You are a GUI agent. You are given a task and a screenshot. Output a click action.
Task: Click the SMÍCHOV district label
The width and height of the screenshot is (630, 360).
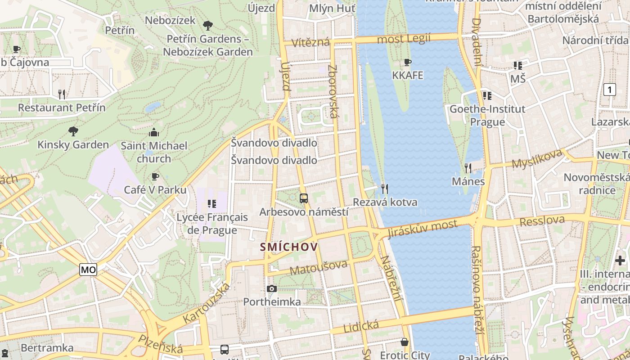click(x=289, y=247)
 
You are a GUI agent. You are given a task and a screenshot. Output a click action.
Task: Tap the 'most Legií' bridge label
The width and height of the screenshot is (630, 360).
click(x=404, y=39)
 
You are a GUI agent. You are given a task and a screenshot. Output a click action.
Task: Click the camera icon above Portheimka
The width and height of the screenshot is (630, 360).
click(x=272, y=288)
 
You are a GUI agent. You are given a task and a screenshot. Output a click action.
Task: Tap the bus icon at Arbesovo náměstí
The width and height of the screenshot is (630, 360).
click(x=304, y=198)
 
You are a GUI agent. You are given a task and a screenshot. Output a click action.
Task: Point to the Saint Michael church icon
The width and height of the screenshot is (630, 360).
click(x=154, y=132)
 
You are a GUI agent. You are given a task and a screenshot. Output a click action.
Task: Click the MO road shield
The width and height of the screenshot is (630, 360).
click(x=88, y=270)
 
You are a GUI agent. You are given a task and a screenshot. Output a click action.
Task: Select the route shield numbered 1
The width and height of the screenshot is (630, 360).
click(x=609, y=90)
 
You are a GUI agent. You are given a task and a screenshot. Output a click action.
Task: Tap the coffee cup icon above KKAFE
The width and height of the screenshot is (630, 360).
click(x=408, y=62)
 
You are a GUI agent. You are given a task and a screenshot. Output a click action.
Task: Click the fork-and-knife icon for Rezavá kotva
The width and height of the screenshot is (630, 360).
click(x=384, y=189)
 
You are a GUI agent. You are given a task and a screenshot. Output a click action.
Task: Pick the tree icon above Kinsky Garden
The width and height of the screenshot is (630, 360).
click(x=73, y=131)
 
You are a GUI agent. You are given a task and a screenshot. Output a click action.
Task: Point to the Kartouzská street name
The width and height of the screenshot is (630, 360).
click(x=207, y=303)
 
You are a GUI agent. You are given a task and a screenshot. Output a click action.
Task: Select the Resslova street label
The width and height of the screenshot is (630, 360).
click(x=542, y=221)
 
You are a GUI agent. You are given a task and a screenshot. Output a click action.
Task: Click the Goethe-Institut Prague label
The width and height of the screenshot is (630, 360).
click(x=487, y=116)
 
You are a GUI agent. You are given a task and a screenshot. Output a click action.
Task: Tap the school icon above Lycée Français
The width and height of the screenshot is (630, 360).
click(x=212, y=204)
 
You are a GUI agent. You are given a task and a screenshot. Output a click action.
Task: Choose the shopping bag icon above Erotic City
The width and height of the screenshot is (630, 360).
click(x=405, y=342)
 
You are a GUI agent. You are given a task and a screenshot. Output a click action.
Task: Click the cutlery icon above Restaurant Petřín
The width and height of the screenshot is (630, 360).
click(x=62, y=94)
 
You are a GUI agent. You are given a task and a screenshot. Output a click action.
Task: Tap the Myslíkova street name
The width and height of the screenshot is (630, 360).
click(x=537, y=158)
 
